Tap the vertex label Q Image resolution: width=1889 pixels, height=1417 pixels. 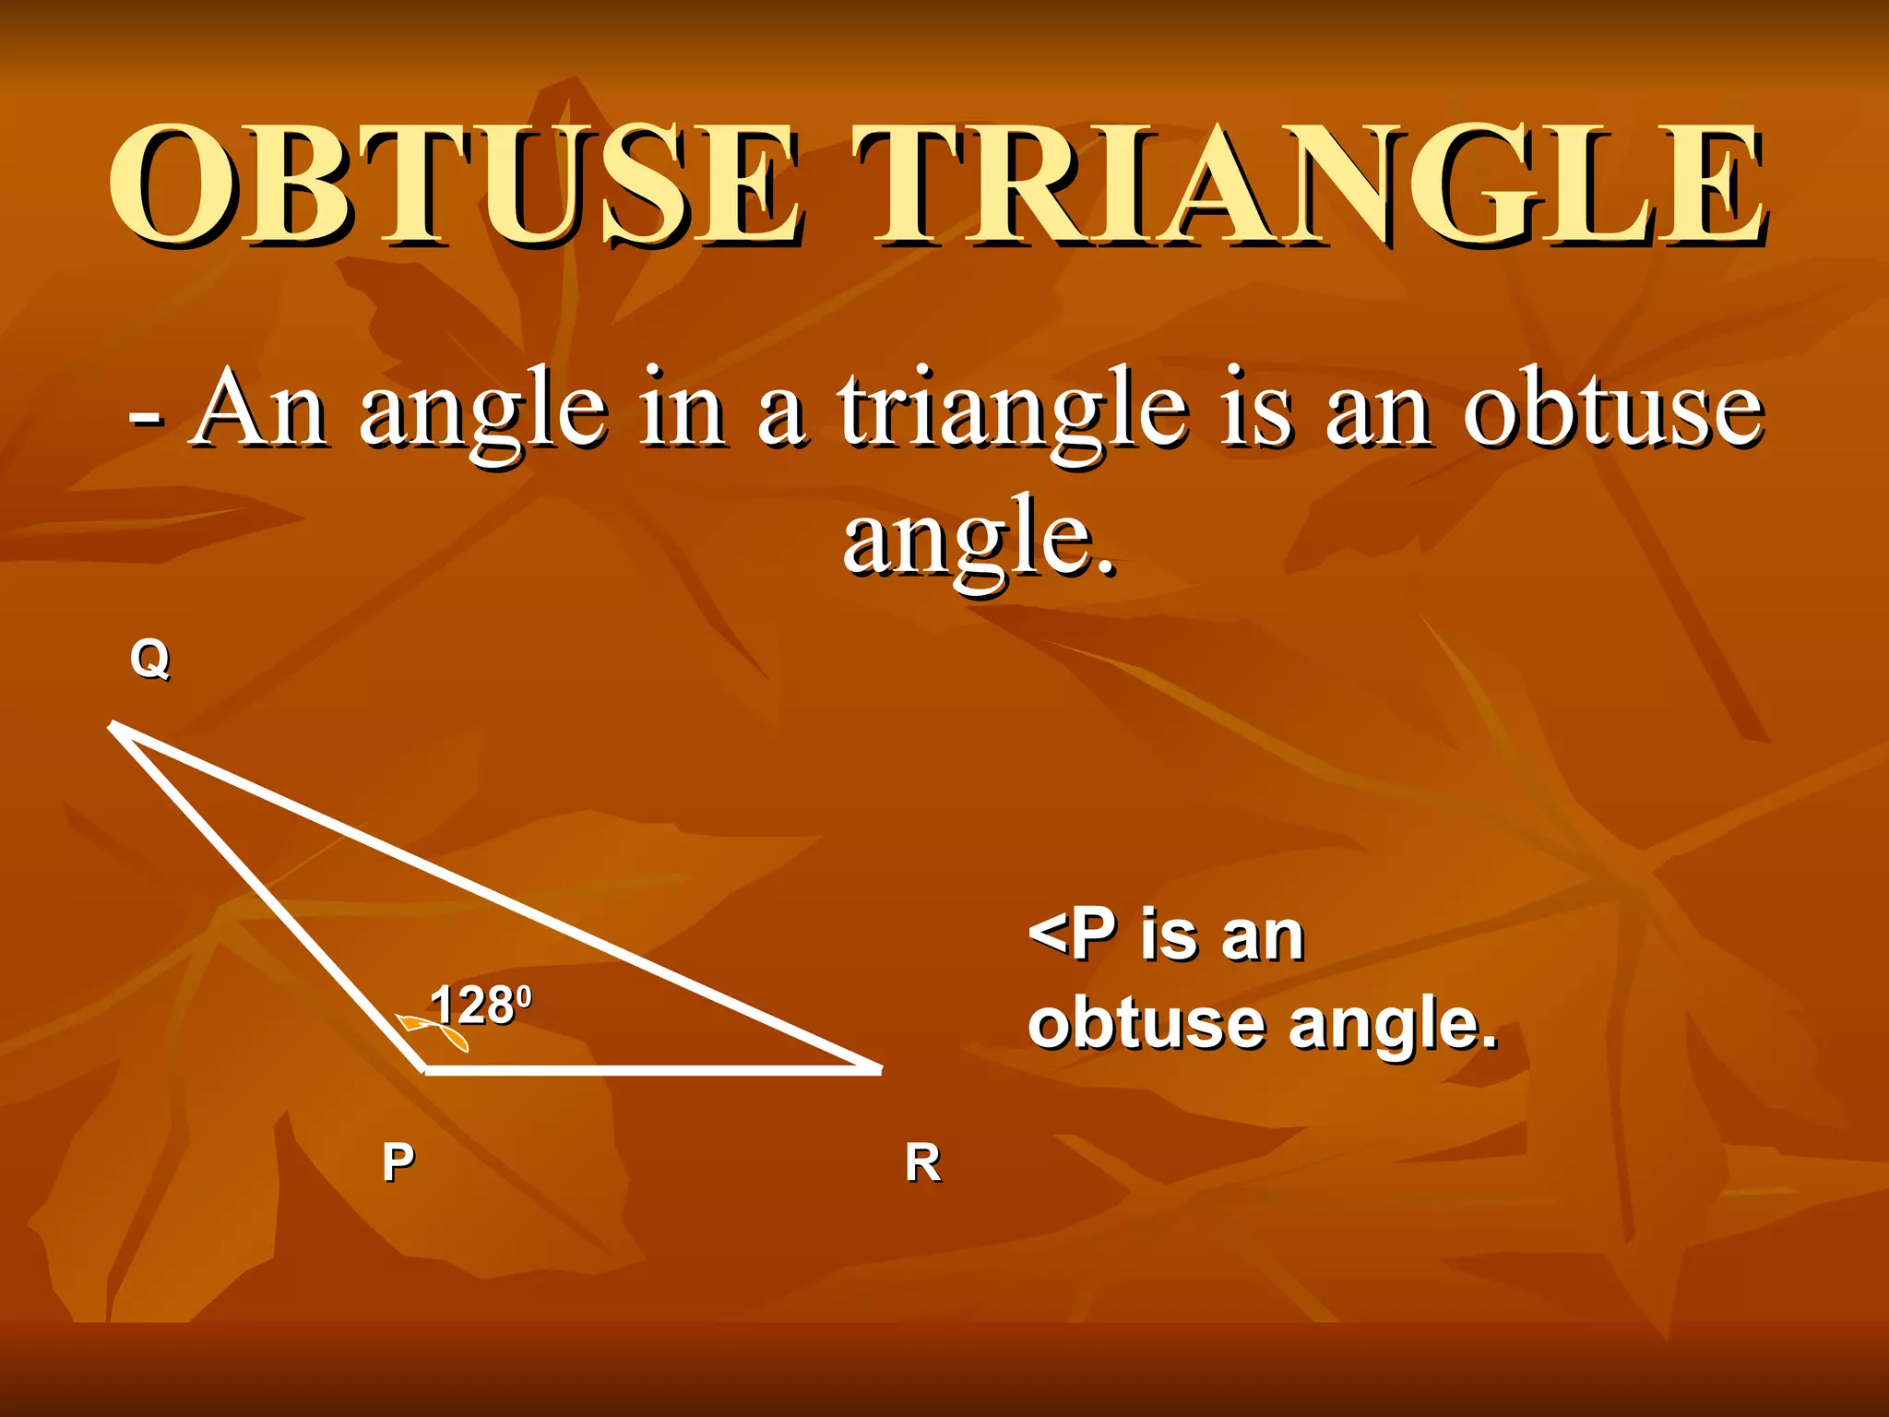click(x=149, y=660)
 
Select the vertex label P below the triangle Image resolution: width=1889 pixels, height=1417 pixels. click(x=398, y=1161)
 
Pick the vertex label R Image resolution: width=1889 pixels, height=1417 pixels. click(x=922, y=1162)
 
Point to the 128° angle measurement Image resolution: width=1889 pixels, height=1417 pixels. click(x=481, y=1005)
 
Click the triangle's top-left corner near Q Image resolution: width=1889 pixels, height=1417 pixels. click(x=115, y=727)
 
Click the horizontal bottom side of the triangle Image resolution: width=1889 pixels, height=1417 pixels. click(x=646, y=1070)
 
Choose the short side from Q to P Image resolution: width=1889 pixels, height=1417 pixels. click(x=267, y=897)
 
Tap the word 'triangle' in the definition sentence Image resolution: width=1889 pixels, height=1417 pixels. click(x=1012, y=412)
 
